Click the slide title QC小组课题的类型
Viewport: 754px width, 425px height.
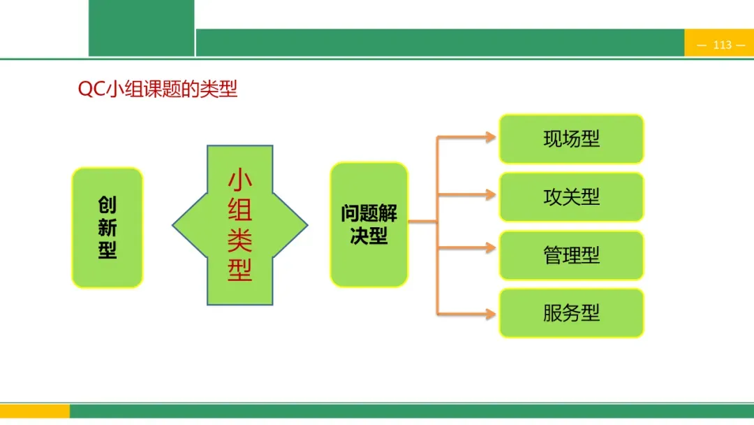click(158, 90)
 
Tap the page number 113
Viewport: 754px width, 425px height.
click(723, 45)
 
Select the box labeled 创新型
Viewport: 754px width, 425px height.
click(108, 227)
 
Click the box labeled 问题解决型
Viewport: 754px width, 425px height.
click(369, 224)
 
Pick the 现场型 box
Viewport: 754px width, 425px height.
click(571, 138)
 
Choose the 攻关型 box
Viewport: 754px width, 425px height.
click(571, 196)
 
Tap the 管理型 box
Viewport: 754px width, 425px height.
click(571, 255)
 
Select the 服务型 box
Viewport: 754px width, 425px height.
click(571, 312)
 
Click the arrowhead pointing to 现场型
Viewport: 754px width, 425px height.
click(491, 138)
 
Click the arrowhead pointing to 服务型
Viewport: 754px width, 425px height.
click(491, 312)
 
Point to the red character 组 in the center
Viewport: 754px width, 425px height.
click(240, 210)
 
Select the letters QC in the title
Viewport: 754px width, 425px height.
click(91, 90)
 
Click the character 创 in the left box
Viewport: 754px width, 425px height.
click(108, 206)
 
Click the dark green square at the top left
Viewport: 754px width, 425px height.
click(141, 28)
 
